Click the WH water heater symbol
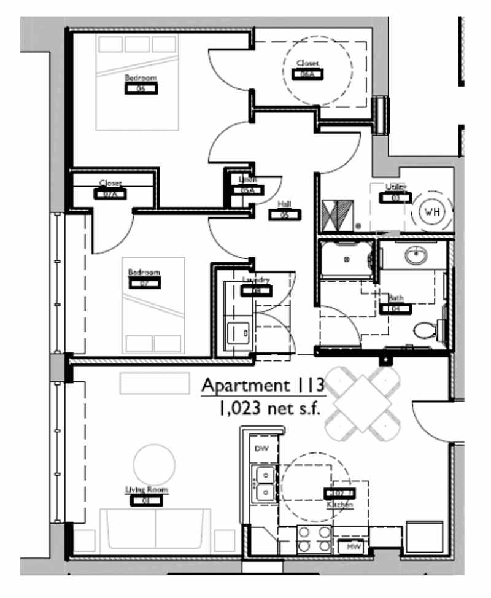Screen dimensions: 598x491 433,212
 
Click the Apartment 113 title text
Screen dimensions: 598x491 263,386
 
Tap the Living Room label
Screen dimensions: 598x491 147,490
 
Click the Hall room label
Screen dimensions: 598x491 284,204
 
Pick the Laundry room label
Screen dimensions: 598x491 255,280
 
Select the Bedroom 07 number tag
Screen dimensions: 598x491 144,283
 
